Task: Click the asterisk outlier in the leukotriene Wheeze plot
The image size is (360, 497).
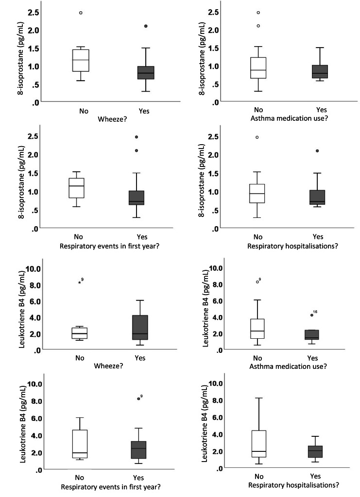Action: pyautogui.click(x=79, y=282)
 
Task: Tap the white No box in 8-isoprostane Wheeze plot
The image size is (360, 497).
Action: pyautogui.click(x=81, y=60)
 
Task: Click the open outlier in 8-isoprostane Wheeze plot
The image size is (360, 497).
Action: pyautogui.click(x=81, y=13)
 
